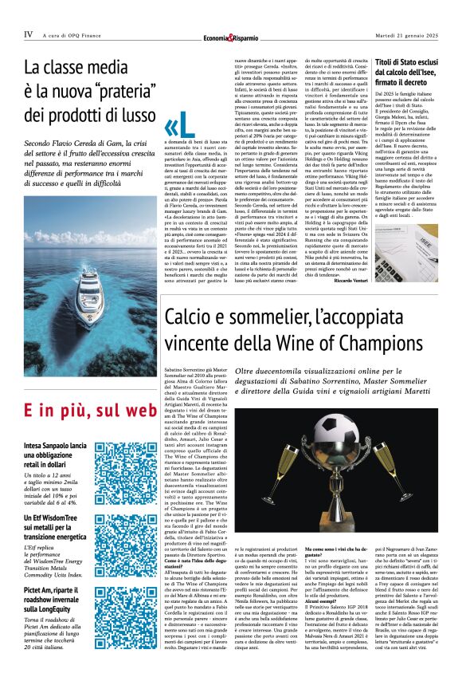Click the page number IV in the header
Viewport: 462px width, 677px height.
click(x=29, y=34)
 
